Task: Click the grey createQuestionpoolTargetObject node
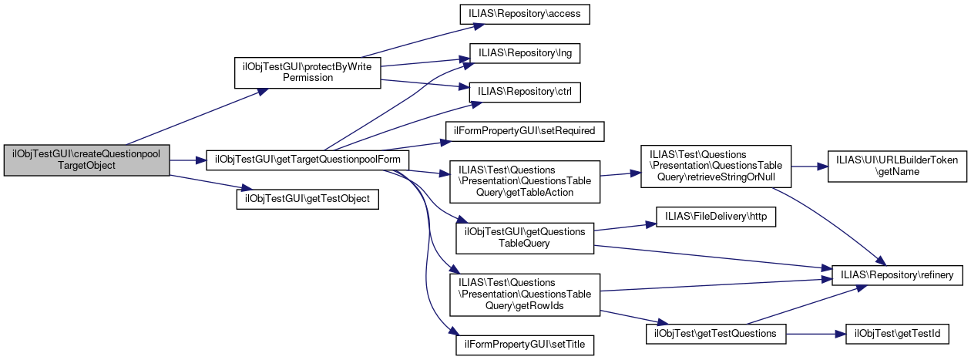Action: click(x=86, y=160)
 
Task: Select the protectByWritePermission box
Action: click(x=306, y=72)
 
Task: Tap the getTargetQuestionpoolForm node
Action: click(x=307, y=160)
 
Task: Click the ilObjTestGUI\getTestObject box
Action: click(x=307, y=198)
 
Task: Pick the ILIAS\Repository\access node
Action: click(x=525, y=13)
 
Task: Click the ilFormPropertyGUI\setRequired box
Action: click(x=525, y=130)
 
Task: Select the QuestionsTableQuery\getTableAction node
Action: click(x=525, y=181)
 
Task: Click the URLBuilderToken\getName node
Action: click(x=897, y=165)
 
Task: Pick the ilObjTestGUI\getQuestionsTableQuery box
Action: click(x=525, y=237)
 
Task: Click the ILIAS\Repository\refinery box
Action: click(x=897, y=274)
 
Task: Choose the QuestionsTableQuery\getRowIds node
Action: click(x=525, y=294)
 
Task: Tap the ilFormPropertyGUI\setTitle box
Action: click(x=525, y=345)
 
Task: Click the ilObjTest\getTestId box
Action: click(x=897, y=333)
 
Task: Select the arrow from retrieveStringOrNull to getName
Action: click(x=809, y=165)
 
